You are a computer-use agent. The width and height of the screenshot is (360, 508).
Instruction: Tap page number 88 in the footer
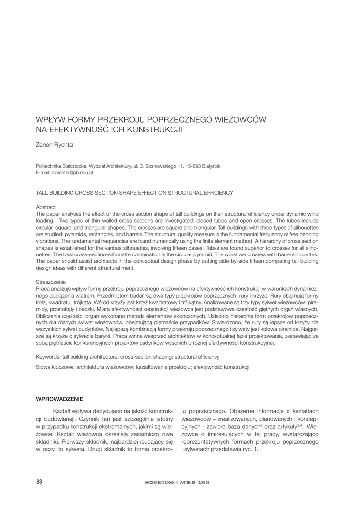(x=40, y=481)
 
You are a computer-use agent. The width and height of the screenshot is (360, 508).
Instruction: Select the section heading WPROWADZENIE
(x=60, y=399)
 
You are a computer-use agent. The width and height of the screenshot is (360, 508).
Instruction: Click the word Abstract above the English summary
(x=46, y=207)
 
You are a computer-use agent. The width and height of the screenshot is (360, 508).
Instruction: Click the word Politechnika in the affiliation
(x=50, y=166)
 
